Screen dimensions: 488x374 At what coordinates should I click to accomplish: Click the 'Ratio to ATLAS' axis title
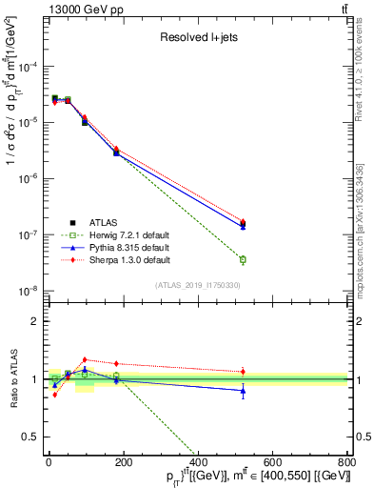tap(12, 379)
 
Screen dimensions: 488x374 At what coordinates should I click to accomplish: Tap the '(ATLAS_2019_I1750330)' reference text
tap(198, 285)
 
